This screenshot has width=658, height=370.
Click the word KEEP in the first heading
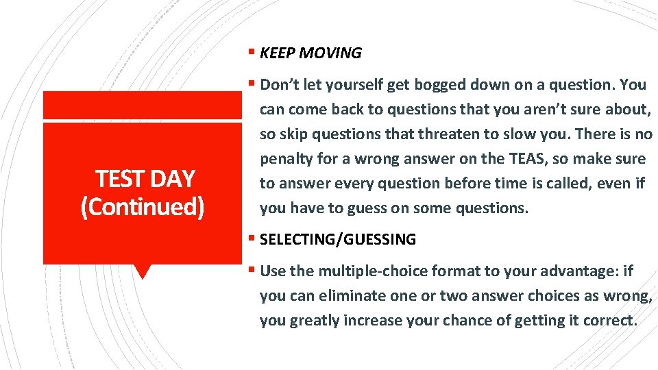coord(276,53)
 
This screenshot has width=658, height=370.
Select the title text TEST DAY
coord(145,179)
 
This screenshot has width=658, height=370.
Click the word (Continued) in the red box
coord(143,206)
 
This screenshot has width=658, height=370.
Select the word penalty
coord(285,159)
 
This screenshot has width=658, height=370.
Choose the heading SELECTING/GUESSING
coord(338,239)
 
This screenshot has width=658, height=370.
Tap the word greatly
coord(314,320)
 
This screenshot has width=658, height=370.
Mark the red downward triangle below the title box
coord(142,272)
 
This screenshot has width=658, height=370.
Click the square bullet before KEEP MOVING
coord(252,53)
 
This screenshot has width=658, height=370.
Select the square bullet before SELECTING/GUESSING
coord(252,239)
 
